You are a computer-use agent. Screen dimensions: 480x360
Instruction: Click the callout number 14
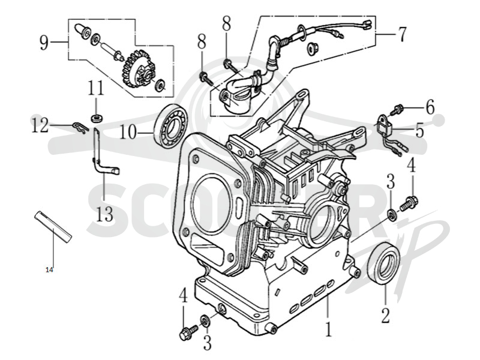[49, 269]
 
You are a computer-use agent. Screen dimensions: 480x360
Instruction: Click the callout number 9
[44, 42]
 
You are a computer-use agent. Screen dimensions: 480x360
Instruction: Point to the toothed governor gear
[137, 70]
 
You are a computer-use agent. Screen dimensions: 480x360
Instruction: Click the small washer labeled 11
[97, 118]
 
